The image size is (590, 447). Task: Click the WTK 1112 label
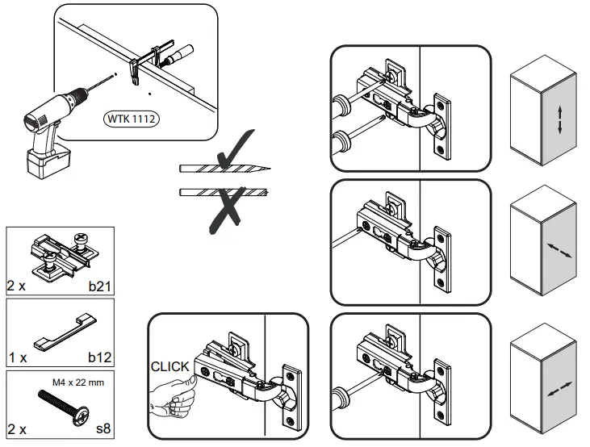(131, 119)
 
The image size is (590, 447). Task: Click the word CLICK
(169, 366)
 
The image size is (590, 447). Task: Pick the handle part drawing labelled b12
(63, 332)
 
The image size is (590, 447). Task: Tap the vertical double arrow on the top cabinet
(558, 119)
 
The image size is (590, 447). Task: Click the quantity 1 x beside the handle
(18, 356)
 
